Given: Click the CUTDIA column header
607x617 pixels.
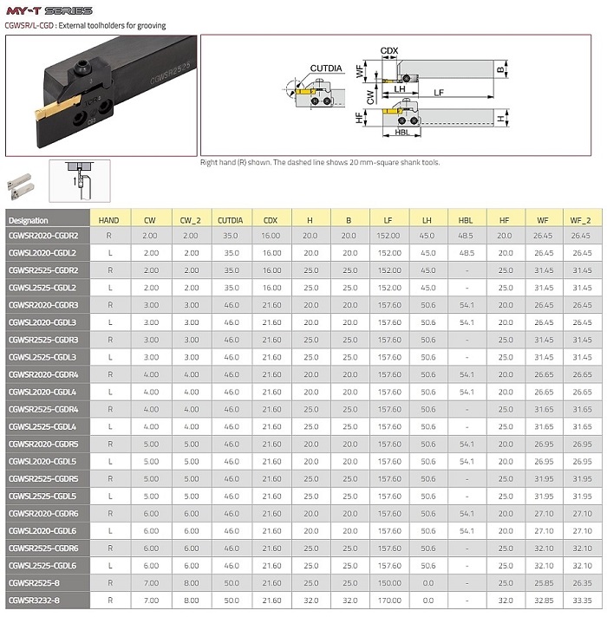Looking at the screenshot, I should point(229,220).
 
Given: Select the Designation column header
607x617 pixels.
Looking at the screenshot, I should point(28,220).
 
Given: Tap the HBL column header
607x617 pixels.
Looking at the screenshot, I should point(466,220).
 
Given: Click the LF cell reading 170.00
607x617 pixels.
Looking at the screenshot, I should point(388,600).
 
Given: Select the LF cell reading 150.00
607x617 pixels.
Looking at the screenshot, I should point(388,582).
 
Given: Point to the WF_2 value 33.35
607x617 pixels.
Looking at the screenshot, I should point(581,600).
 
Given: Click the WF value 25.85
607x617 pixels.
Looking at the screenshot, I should point(544,582).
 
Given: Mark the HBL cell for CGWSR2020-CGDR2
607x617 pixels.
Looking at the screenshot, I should point(467,235).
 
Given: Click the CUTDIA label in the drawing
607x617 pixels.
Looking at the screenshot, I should point(327,68).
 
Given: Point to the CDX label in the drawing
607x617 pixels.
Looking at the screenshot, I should point(389,50).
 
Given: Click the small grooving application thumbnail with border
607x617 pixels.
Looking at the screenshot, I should point(79,179).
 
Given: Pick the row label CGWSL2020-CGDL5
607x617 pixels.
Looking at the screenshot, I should point(43,461).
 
